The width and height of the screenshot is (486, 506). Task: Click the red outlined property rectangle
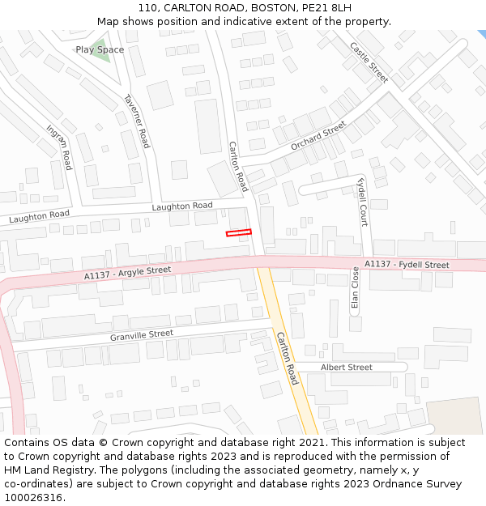tap(238, 233)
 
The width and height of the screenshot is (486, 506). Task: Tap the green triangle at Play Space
tap(100, 50)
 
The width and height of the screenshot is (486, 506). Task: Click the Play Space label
tap(100, 50)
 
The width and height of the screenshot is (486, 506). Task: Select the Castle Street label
tap(369, 62)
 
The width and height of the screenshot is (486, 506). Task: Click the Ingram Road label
tap(59, 147)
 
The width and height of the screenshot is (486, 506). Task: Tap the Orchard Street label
tap(318, 134)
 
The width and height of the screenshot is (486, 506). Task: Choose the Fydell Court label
tap(362, 202)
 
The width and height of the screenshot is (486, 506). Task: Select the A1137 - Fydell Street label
tap(406, 265)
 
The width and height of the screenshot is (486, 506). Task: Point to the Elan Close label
tap(355, 288)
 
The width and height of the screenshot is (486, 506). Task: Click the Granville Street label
tap(142, 334)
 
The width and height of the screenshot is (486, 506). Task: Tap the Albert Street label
tap(346, 368)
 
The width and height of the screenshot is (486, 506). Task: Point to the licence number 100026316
tap(33, 498)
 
